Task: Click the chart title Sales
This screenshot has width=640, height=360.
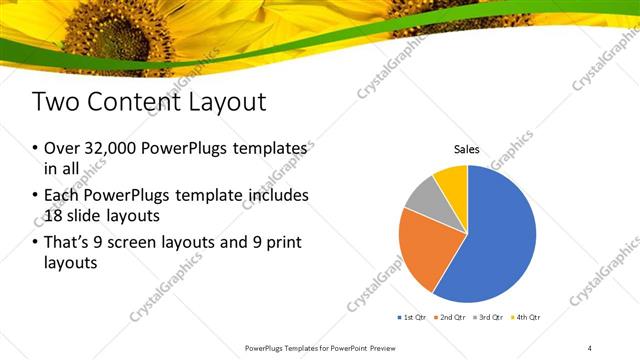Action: point(467,149)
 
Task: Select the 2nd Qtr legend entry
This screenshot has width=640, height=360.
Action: point(452,317)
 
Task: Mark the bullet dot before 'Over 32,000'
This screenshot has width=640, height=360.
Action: point(36,149)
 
